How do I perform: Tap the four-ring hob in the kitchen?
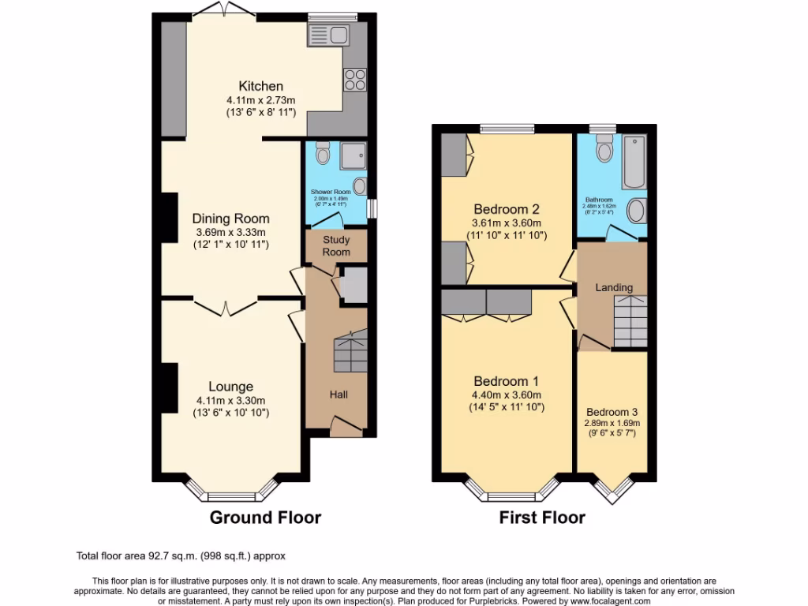pyautogui.click(x=354, y=80)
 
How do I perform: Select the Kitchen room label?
pyautogui.click(x=261, y=86)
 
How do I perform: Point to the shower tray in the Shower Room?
pyautogui.click(x=353, y=155)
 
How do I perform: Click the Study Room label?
pyautogui.click(x=336, y=245)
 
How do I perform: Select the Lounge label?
pyautogui.click(x=230, y=387)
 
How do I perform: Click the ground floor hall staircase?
pyautogui.click(x=350, y=352)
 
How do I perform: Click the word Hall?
pyautogui.click(x=338, y=395)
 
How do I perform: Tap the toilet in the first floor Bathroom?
pyautogui.click(x=604, y=148)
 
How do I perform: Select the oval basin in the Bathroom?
pyautogui.click(x=635, y=211)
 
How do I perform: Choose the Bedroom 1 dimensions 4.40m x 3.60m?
pyautogui.click(x=506, y=395)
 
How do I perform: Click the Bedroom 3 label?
pyautogui.click(x=612, y=412)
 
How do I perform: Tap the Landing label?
pyautogui.click(x=614, y=288)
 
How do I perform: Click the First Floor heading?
pyautogui.click(x=542, y=518)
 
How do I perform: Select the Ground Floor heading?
pyautogui.click(x=265, y=518)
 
